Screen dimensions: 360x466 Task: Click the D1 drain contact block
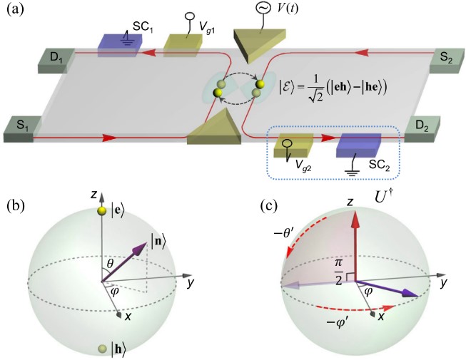pyautogui.click(x=21, y=59)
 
